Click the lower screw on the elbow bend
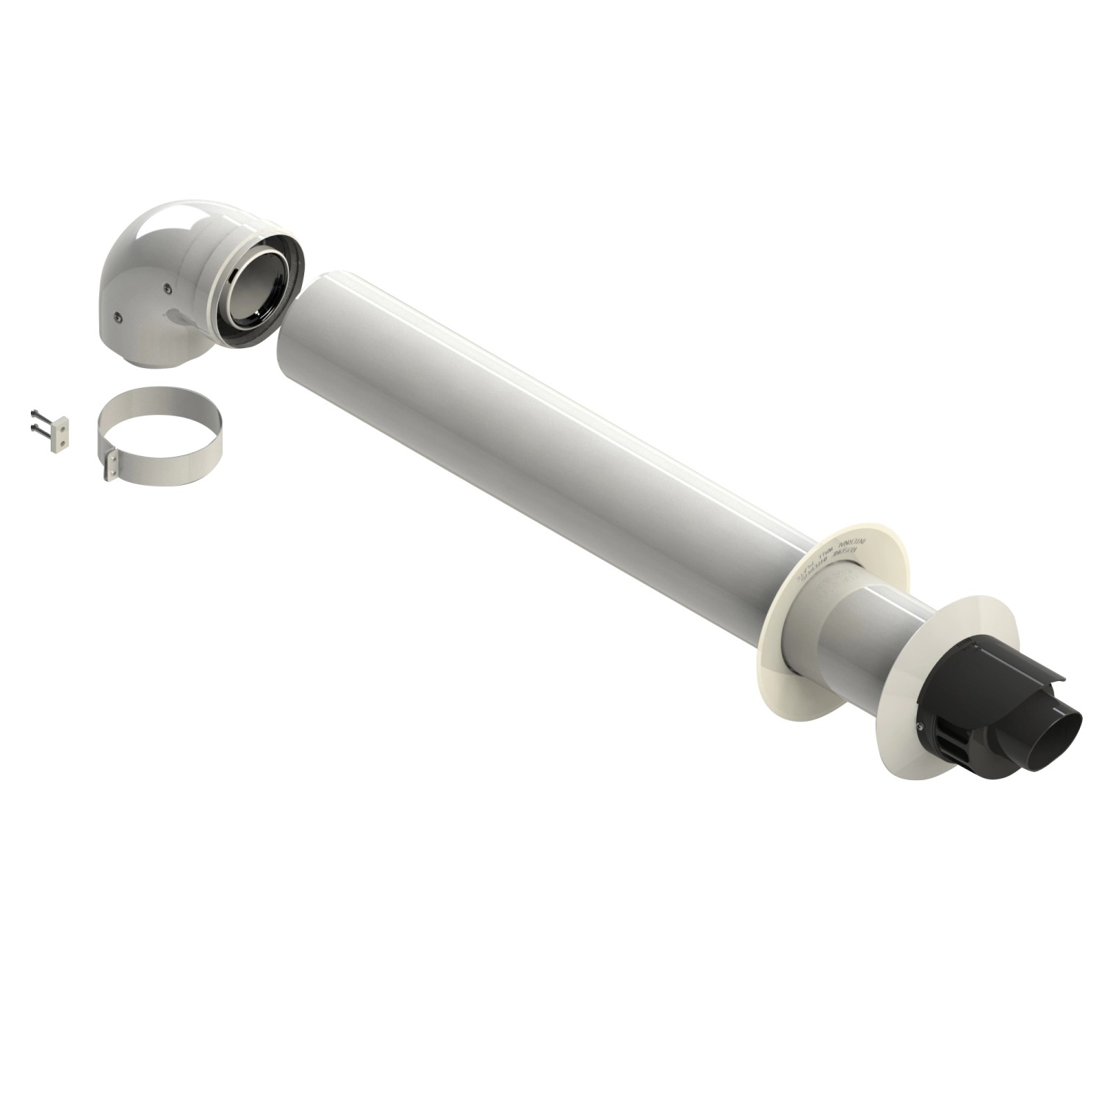click(x=118, y=317)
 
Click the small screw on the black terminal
click(x=920, y=727)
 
